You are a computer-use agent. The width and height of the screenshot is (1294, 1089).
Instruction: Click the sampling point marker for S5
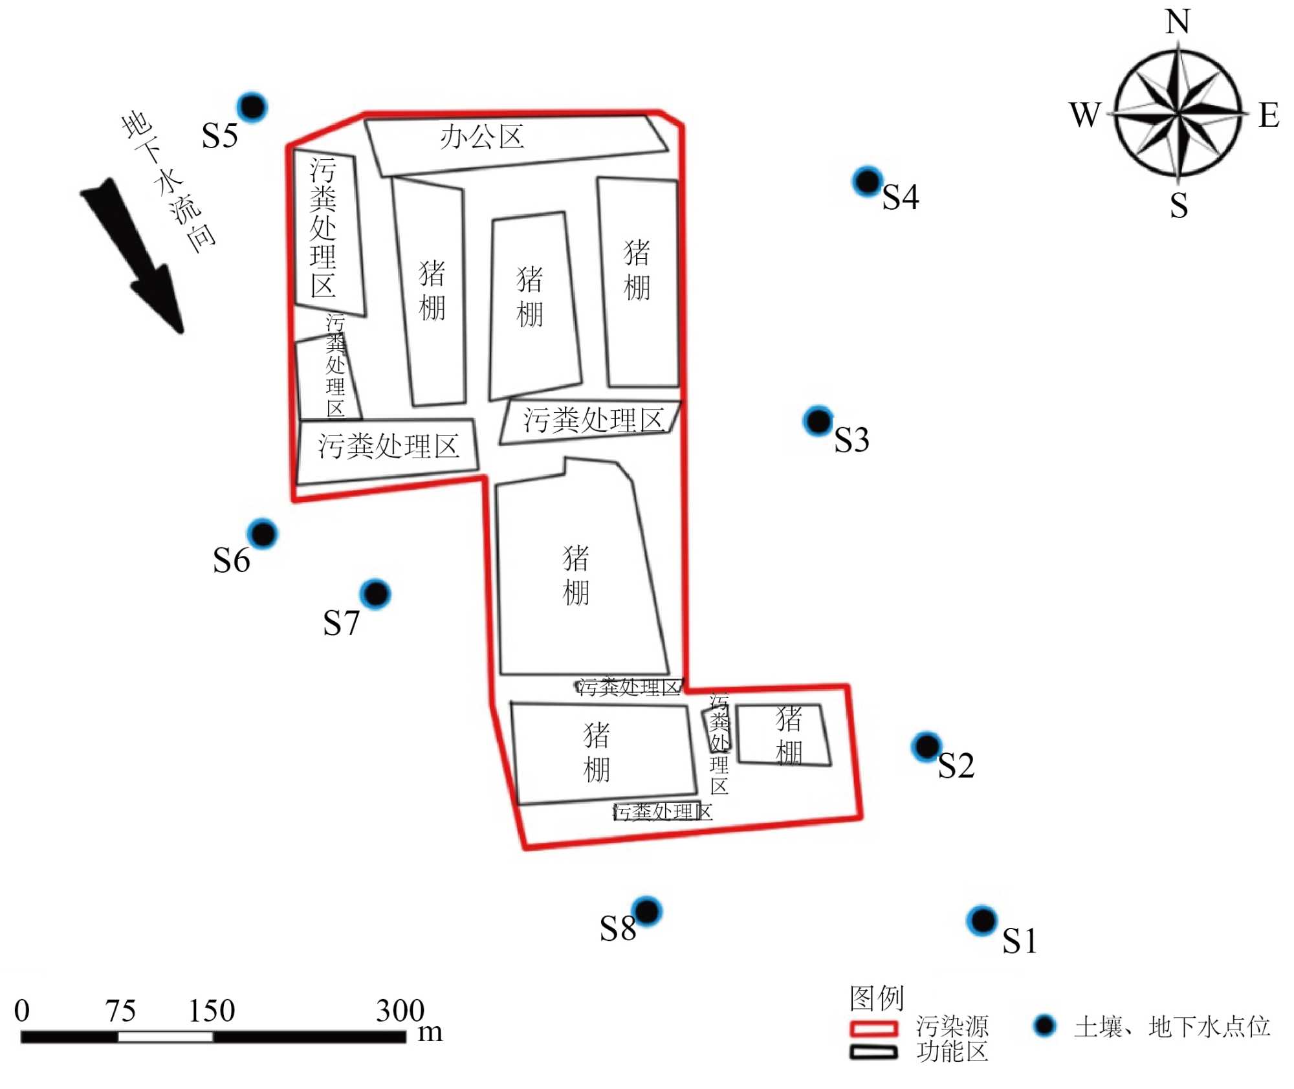pyautogui.click(x=252, y=107)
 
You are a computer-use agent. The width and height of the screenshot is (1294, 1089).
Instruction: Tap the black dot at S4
pyautogui.click(x=867, y=181)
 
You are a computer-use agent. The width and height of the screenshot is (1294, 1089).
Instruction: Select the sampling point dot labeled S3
pyautogui.click(x=818, y=421)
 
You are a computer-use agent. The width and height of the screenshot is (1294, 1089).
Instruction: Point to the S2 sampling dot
pyautogui.click(x=926, y=746)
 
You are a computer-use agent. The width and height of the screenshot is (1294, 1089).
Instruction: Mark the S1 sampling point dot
pyautogui.click(x=982, y=920)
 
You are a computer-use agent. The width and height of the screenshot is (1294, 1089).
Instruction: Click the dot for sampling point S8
pyautogui.click(x=646, y=912)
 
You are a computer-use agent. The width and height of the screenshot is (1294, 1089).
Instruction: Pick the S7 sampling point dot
pyautogui.click(x=375, y=593)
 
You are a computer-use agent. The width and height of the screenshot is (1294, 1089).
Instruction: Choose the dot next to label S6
pyautogui.click(x=263, y=534)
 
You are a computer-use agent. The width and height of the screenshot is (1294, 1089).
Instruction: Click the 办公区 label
pyautogui.click(x=482, y=137)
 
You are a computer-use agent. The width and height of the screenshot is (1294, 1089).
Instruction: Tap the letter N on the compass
pyautogui.click(x=1178, y=22)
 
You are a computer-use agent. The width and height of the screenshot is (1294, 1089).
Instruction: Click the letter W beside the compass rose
pyautogui.click(x=1085, y=115)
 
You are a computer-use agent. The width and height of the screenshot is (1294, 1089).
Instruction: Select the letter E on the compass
pyautogui.click(x=1269, y=115)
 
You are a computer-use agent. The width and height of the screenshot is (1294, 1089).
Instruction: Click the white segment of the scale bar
pyautogui.click(x=166, y=1037)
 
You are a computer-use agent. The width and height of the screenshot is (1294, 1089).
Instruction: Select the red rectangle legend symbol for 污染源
pyautogui.click(x=873, y=1028)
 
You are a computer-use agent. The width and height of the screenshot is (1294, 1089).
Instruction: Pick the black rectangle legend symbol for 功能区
pyautogui.click(x=873, y=1053)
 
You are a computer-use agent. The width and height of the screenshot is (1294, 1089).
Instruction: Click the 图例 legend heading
pyautogui.click(x=876, y=998)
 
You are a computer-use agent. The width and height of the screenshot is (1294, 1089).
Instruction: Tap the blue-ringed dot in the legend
pyautogui.click(x=1044, y=1026)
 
